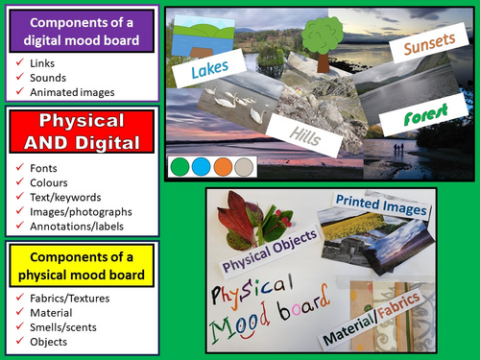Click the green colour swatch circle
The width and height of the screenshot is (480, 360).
[180, 167]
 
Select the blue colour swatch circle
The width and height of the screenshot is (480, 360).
[201, 167]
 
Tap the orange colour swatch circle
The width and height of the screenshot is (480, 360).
[222, 167]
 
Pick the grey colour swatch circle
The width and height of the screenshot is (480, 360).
[243, 167]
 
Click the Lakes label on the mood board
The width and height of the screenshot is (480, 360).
[209, 70]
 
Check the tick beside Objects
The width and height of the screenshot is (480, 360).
[21, 342]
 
